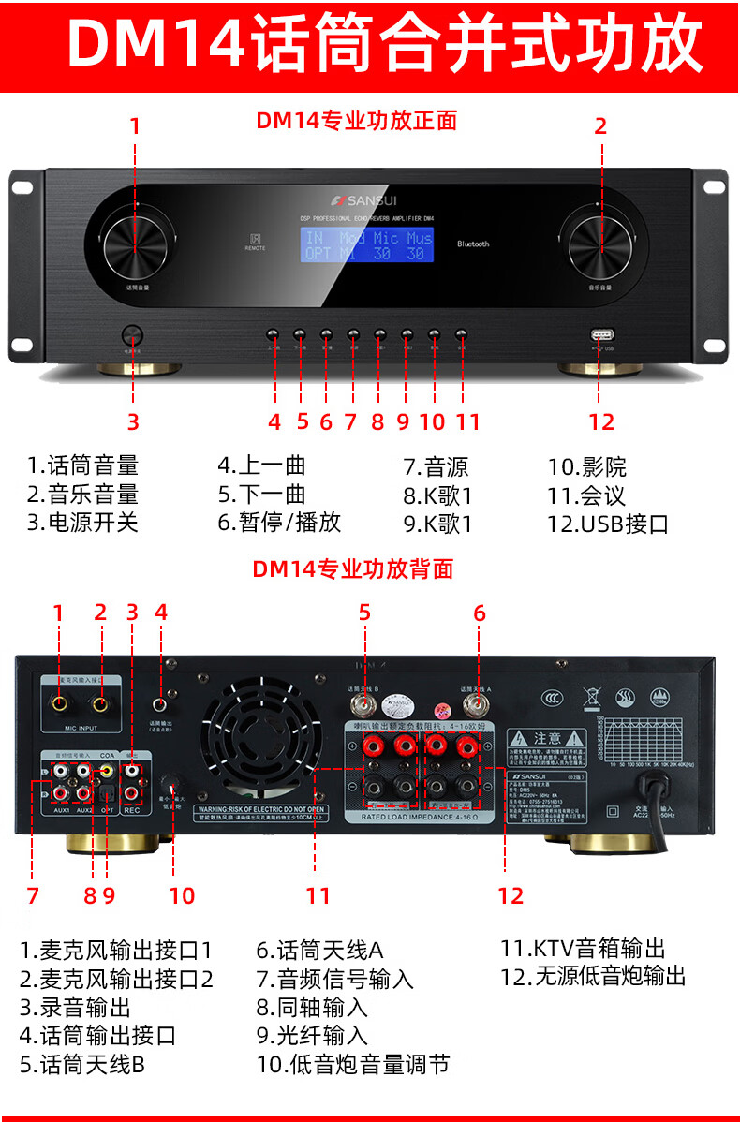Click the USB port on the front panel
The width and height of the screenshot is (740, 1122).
pos(600,335)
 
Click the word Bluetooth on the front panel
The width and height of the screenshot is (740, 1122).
pos(473,244)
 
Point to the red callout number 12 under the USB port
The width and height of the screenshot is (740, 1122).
pos(601,421)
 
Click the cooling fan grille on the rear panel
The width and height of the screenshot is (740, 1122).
pos(261,737)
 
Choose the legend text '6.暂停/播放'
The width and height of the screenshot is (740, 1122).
pos(279,523)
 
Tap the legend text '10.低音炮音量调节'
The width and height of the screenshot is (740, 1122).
pos(353,1064)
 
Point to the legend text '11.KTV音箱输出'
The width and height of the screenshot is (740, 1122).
pos(583,950)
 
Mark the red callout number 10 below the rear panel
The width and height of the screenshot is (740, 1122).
pos(182,895)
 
